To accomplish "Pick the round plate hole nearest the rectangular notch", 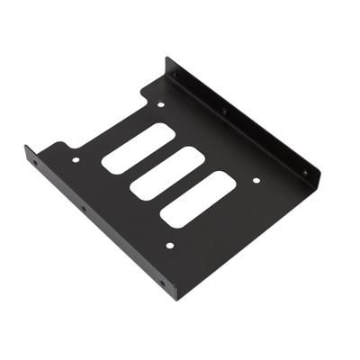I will click(161, 105).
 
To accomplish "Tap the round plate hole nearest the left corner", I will click(76, 160).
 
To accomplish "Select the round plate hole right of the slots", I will click(256, 181).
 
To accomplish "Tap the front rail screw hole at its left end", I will click(37, 165).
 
